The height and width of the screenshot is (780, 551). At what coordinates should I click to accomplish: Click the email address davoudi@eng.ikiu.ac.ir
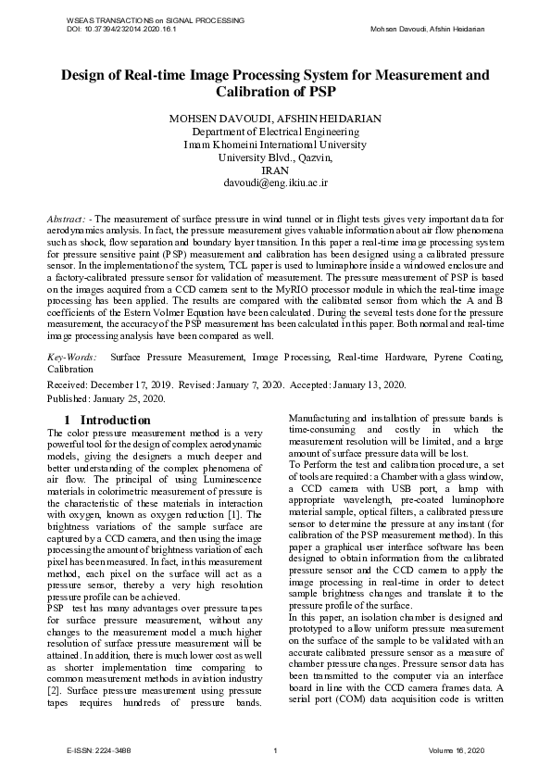[275, 183]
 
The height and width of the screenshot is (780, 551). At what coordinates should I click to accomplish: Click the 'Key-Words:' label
[70, 356]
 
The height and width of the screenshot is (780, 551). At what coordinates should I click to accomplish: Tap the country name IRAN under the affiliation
[275, 170]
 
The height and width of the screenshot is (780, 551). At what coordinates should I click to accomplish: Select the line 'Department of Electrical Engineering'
[275, 132]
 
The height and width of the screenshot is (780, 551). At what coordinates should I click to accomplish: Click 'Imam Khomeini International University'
[275, 145]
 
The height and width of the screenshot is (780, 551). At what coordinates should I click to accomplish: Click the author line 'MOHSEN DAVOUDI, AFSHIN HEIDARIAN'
[275, 119]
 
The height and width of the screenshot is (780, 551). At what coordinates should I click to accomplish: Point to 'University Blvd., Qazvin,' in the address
[275, 157]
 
